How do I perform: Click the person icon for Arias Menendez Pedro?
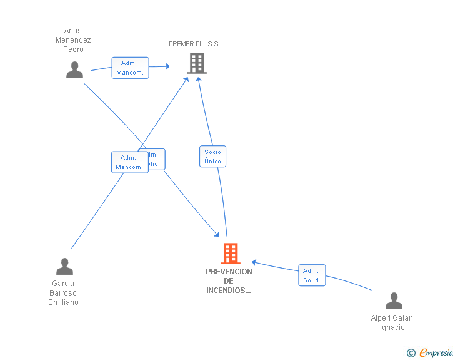[x=74, y=70]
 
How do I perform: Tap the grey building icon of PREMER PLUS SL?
[x=197, y=63]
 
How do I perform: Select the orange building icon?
[x=230, y=254]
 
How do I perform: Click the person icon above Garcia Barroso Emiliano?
[x=64, y=267]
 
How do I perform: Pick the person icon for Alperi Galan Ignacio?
[x=394, y=301]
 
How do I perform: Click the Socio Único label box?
[x=212, y=157]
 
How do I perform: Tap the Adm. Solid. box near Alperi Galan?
[x=312, y=275]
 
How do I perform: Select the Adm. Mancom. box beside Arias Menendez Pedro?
[x=130, y=68]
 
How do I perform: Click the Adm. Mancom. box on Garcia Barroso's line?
[x=129, y=162]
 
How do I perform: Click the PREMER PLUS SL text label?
[x=195, y=44]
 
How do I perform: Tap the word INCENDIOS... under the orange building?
[x=229, y=291]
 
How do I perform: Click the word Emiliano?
[x=64, y=302]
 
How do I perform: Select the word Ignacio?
[x=392, y=327]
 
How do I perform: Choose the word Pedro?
[x=73, y=49]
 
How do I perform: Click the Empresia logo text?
[x=436, y=353]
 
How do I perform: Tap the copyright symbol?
[x=411, y=354]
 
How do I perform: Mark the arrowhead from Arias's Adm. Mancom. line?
[x=167, y=66]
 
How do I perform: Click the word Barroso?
[x=63, y=293]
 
